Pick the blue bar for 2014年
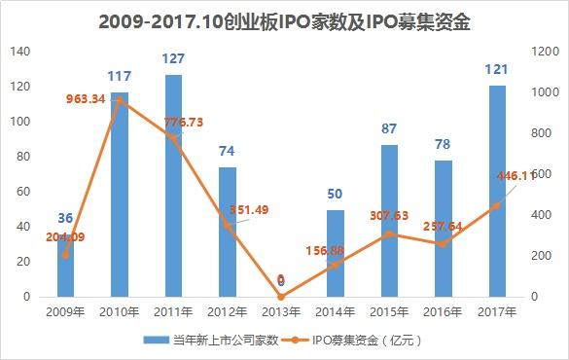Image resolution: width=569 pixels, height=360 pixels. pyautogui.click(x=335, y=253)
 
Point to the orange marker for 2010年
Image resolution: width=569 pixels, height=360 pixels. pyautogui.click(x=121, y=100)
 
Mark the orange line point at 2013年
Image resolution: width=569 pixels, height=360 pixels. pyautogui.click(x=281, y=296)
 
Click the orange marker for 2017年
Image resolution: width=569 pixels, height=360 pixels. pyautogui.click(x=496, y=205)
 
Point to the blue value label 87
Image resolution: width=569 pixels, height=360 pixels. pyautogui.click(x=389, y=129)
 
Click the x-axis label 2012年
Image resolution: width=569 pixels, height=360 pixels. pyautogui.click(x=228, y=311)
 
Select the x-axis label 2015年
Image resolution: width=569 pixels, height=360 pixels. pyautogui.click(x=388, y=311)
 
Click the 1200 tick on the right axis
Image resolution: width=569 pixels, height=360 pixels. pyautogui.click(x=543, y=51)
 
